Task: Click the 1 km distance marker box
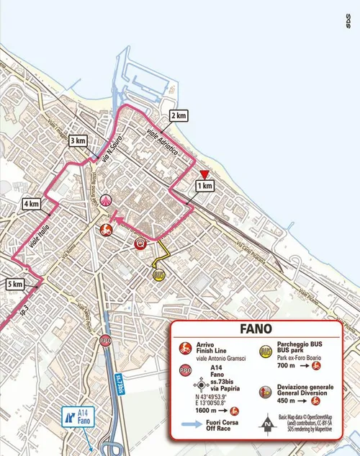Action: (x=205, y=186)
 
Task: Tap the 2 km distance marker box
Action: (x=179, y=115)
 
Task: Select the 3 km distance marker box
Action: (x=77, y=140)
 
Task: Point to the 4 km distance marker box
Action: (x=30, y=204)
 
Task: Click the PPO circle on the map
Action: (x=106, y=341)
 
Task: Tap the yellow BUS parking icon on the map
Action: (x=158, y=274)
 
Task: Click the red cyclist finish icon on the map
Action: (x=104, y=231)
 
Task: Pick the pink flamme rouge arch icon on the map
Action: (x=107, y=200)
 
